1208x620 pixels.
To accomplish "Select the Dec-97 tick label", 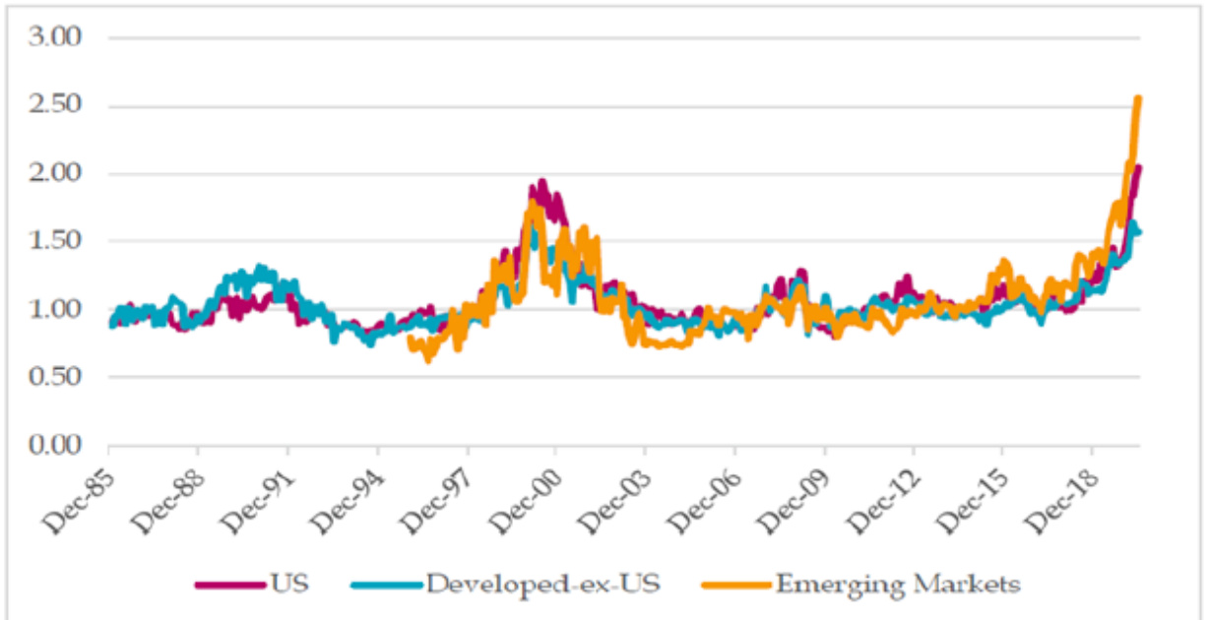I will (439, 488).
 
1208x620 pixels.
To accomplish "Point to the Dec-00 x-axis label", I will (529, 488).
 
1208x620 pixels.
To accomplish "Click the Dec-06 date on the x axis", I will (708, 488).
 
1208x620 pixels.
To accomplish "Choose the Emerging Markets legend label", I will (898, 583).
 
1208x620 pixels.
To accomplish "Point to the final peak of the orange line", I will (1138, 98).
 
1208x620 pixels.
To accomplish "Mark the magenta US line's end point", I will (1138, 168).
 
